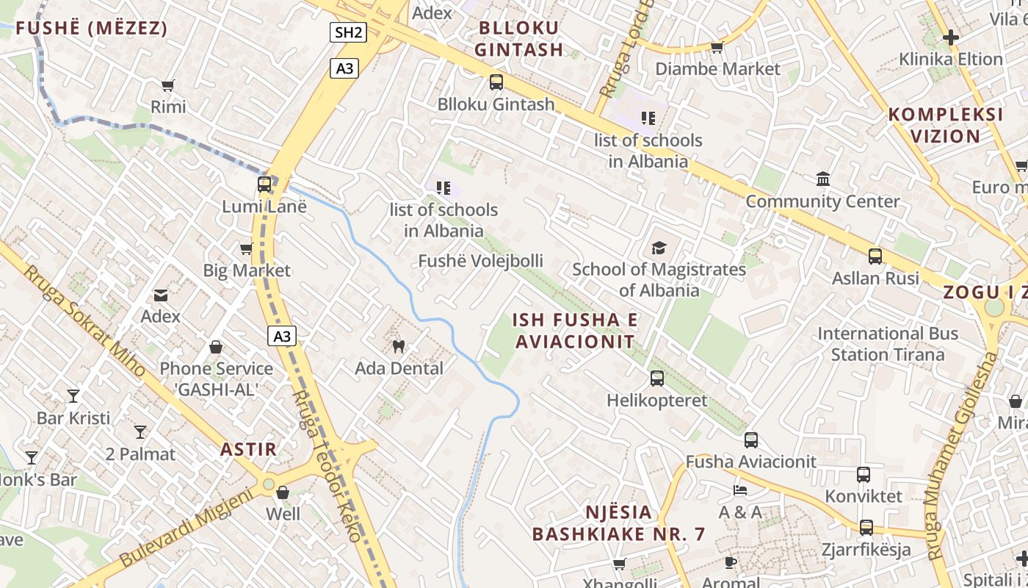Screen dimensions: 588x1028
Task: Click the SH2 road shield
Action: (x=348, y=32)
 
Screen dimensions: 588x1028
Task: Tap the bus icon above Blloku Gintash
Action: (x=496, y=82)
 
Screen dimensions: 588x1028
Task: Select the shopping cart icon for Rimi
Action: (x=168, y=85)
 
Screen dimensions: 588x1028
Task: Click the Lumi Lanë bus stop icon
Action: (x=264, y=184)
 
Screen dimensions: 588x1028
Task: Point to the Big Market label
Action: (x=247, y=270)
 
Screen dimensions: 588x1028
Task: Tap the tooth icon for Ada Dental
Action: (x=399, y=345)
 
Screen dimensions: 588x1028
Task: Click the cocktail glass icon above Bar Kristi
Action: (x=73, y=396)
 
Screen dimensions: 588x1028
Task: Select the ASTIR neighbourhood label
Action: (x=249, y=449)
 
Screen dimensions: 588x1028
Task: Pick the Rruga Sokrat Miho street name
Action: (x=84, y=320)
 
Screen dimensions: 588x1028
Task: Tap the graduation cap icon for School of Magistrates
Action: (x=659, y=248)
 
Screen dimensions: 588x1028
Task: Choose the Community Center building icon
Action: (x=822, y=179)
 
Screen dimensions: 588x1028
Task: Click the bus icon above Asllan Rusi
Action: (x=875, y=257)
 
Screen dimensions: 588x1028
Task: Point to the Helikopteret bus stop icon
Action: (x=657, y=379)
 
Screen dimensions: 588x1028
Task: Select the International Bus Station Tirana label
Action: (x=888, y=344)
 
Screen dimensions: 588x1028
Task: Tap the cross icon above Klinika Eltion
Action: (x=951, y=37)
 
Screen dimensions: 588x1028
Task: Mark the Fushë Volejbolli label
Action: (x=481, y=261)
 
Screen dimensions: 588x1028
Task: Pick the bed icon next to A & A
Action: (x=740, y=490)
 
